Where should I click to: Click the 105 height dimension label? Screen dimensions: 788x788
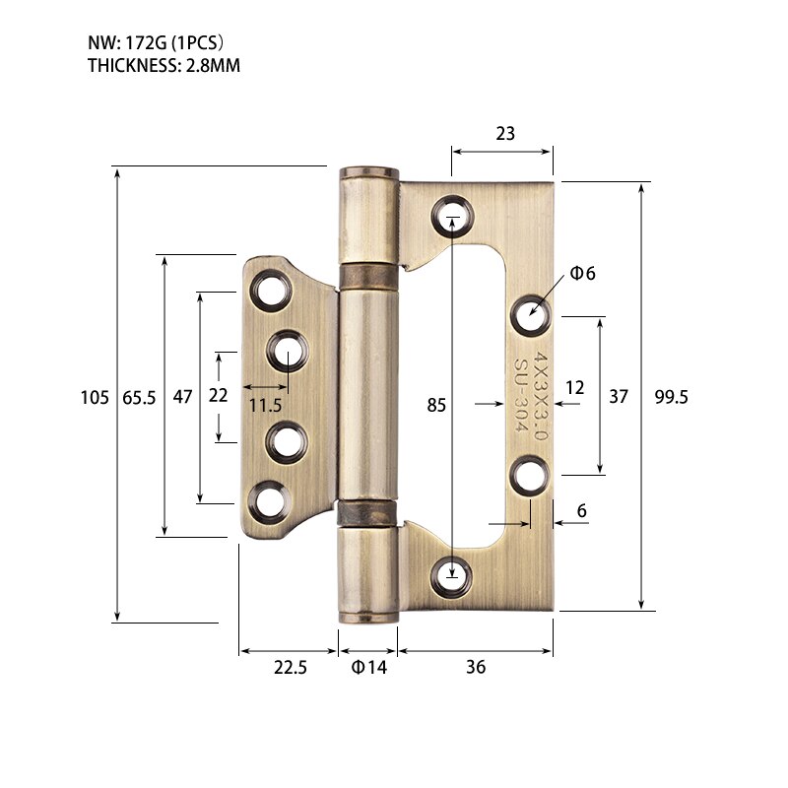click(94, 397)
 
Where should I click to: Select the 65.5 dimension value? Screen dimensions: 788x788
click(139, 397)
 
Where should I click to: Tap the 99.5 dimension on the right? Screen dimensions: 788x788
click(671, 397)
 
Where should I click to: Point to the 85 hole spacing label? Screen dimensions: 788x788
click(436, 404)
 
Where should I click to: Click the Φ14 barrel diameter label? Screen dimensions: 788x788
click(369, 667)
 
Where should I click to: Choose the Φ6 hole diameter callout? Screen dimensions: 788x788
click(583, 273)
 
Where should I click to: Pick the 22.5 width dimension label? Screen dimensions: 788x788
click(290, 667)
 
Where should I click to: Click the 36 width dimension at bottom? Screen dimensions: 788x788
click(476, 667)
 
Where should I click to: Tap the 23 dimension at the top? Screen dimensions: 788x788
click(504, 134)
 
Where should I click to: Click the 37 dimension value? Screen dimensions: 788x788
click(618, 397)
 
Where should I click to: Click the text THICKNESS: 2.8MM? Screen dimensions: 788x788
click(164, 66)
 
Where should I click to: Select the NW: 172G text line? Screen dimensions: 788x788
click(157, 44)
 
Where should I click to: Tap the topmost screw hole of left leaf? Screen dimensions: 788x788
click(269, 291)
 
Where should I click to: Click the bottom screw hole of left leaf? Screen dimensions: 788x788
click(268, 501)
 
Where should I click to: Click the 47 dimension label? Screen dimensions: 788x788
click(182, 397)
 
